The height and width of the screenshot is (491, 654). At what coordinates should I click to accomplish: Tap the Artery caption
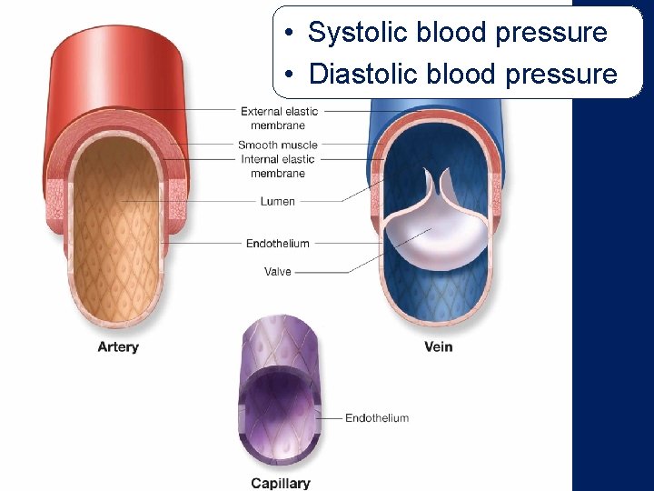pos(118,346)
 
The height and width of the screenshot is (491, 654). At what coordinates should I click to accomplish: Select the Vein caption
pos(438,346)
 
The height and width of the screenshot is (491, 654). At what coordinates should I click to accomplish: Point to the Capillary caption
pos(281,483)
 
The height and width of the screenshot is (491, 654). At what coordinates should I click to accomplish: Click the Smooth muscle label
pos(278,145)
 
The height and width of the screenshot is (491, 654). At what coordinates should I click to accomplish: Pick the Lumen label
pos(278,201)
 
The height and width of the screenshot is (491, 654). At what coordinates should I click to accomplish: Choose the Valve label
pos(278,271)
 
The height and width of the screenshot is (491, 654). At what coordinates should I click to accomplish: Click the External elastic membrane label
pos(279,118)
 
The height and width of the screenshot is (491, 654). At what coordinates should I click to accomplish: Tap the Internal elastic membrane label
pos(278,165)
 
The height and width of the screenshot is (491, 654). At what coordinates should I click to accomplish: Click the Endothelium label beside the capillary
pos(377,418)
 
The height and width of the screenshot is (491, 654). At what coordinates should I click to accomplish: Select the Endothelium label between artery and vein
pos(278,243)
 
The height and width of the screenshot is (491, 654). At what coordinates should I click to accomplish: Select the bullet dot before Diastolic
pos(287,75)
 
